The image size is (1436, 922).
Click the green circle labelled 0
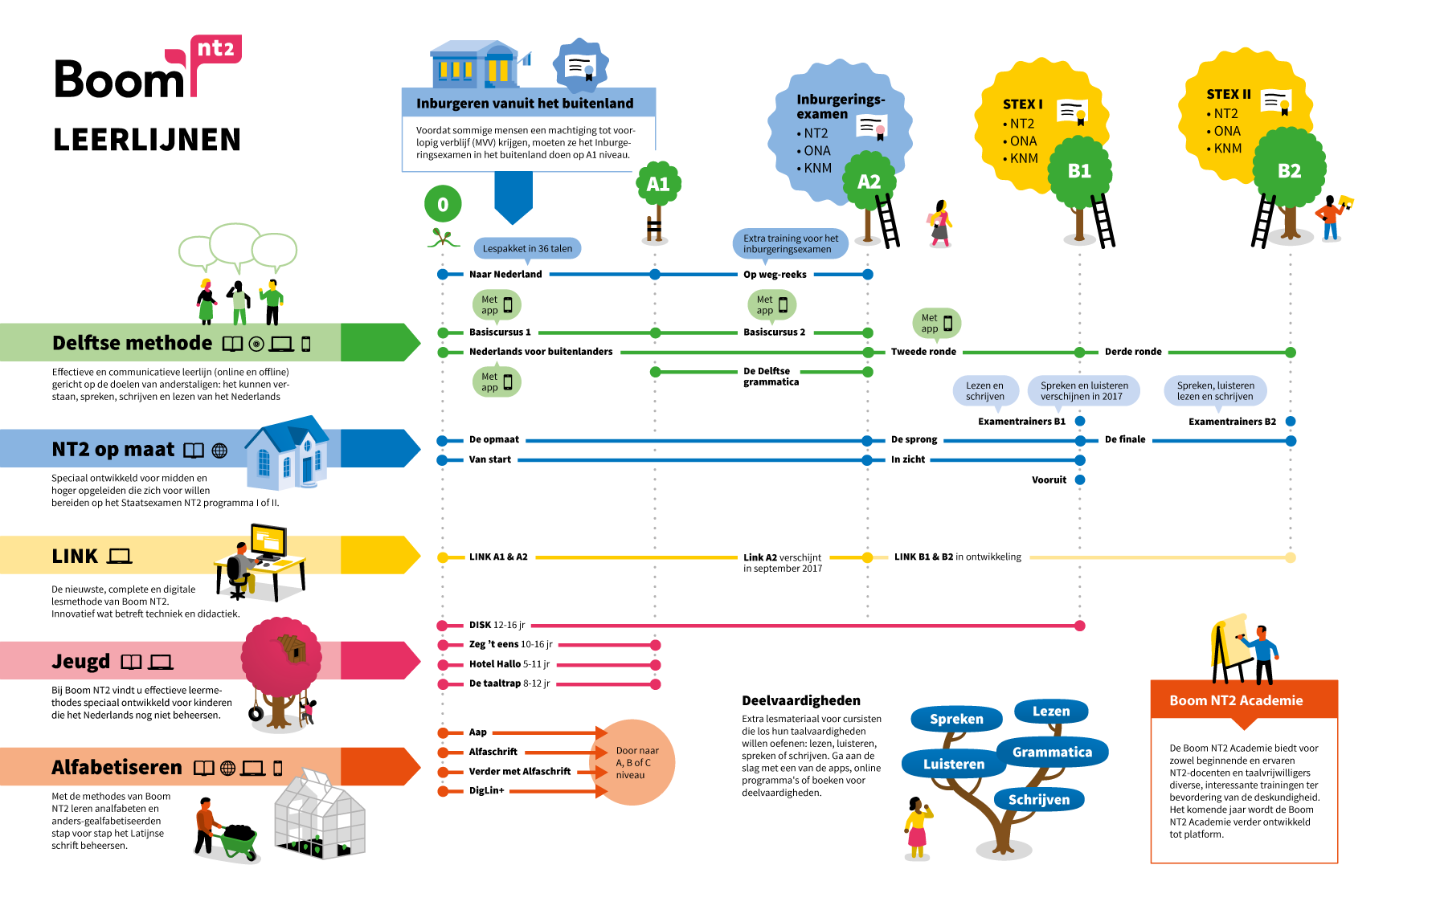click(443, 204)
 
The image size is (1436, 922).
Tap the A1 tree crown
click(658, 184)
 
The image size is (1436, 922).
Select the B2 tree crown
click(1289, 170)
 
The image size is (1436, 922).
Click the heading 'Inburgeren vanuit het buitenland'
click(525, 103)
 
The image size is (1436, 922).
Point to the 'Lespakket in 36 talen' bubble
click(527, 248)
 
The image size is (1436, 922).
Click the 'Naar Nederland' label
click(505, 274)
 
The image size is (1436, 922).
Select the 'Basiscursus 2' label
click(774, 332)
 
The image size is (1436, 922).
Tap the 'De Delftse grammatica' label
click(771, 376)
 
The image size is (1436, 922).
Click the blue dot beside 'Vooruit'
click(1080, 479)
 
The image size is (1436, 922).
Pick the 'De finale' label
click(1125, 439)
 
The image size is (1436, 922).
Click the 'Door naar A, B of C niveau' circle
click(635, 762)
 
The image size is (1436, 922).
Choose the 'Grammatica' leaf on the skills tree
click(1052, 752)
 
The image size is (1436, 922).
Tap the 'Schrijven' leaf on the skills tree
click(1039, 799)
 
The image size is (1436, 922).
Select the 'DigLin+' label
click(487, 790)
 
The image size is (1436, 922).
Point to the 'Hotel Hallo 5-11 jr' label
click(509, 664)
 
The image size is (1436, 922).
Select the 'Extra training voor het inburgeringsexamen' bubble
click(790, 243)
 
